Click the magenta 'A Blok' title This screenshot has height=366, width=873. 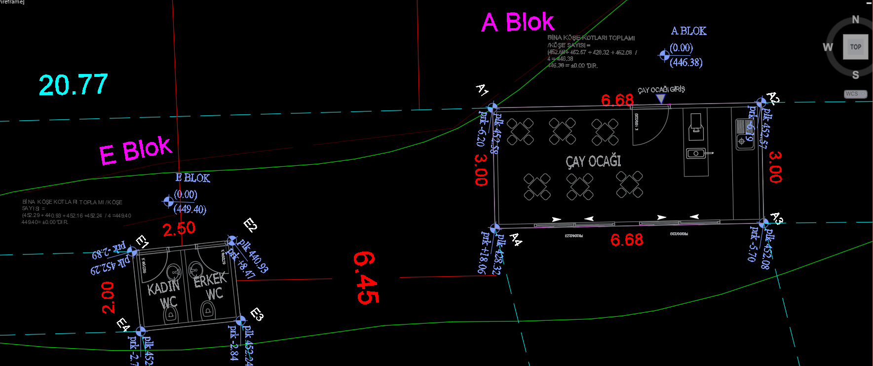pyautogui.click(x=518, y=23)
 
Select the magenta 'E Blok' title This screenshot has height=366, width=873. pyautogui.click(x=136, y=150)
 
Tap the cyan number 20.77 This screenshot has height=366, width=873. pyautogui.click(x=74, y=85)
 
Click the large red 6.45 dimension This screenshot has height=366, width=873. pyautogui.click(x=366, y=278)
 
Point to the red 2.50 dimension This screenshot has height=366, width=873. pyautogui.click(x=179, y=229)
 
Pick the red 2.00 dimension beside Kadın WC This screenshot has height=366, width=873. pyautogui.click(x=108, y=297)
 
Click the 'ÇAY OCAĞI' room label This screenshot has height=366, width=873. pyautogui.click(x=593, y=161)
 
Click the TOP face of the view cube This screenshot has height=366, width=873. pyautogui.click(x=855, y=47)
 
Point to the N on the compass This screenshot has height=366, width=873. pyautogui.click(x=855, y=20)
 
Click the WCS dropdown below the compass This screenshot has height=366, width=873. pyautogui.click(x=855, y=94)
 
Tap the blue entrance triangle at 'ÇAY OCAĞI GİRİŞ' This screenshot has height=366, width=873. pyautogui.click(x=660, y=99)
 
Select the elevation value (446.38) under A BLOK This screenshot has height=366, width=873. pyautogui.click(x=686, y=62)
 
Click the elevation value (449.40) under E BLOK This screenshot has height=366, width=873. pyautogui.click(x=190, y=209)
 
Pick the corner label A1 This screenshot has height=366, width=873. pyautogui.click(x=482, y=90)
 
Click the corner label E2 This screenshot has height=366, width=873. pyautogui.click(x=251, y=225)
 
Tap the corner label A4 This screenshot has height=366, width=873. pyautogui.click(x=516, y=240)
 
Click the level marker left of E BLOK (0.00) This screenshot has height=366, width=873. pyautogui.click(x=168, y=201)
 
